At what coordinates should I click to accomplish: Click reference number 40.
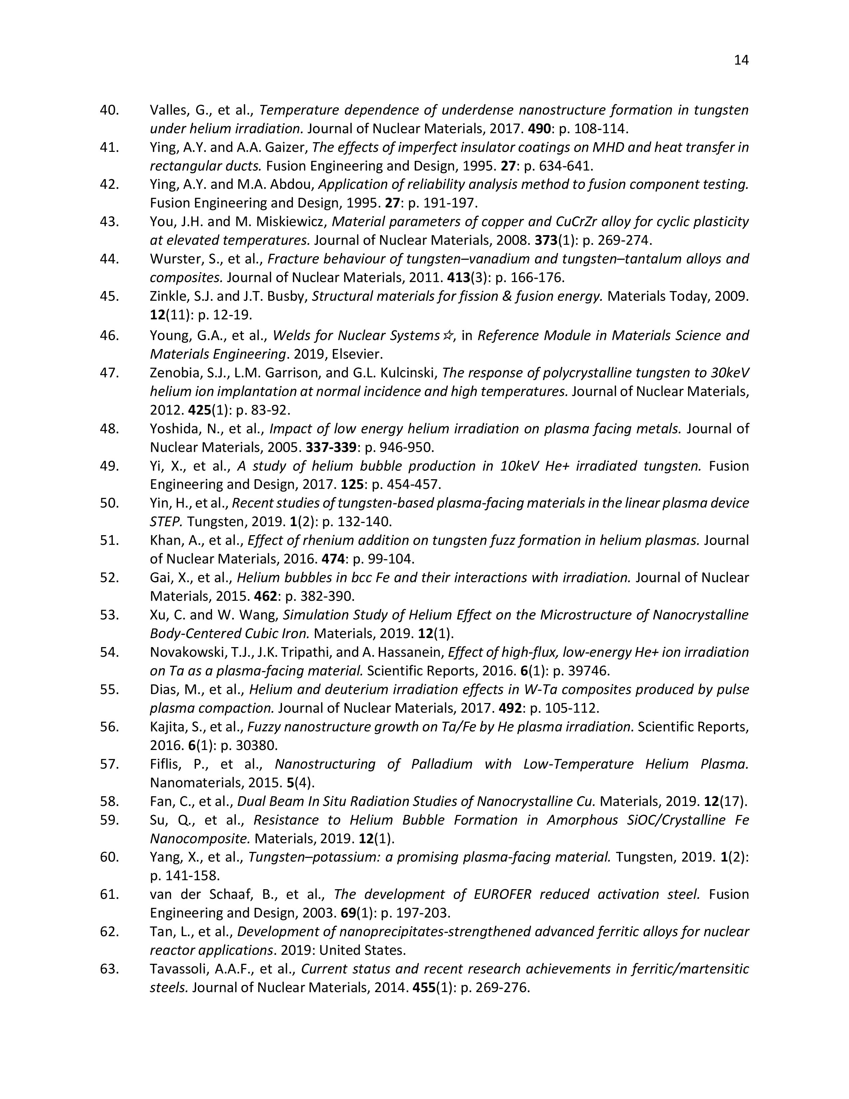pos(109,110)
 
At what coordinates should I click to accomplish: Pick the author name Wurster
pos(173,259)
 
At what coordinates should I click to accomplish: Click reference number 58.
pos(109,802)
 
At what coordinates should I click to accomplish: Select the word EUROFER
pos(508,895)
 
